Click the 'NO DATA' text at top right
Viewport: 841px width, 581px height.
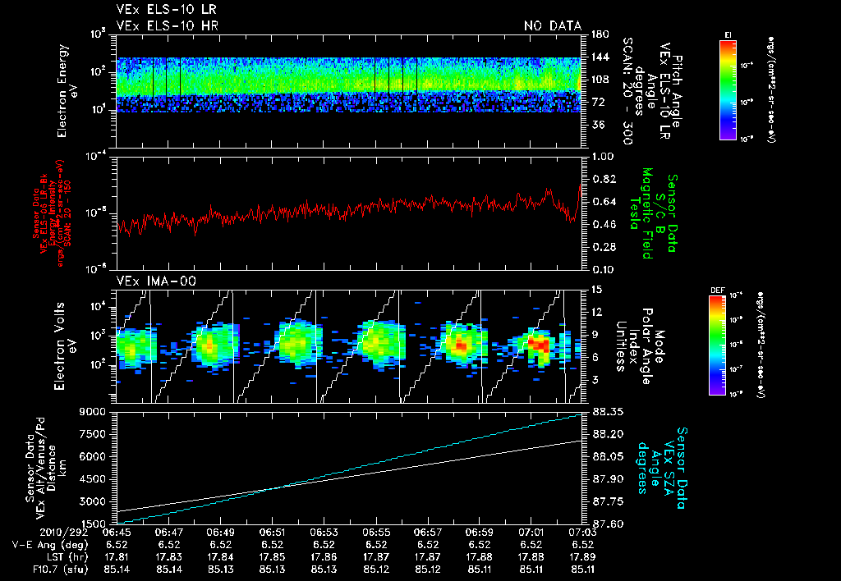552,25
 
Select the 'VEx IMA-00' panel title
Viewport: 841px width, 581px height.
149,281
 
